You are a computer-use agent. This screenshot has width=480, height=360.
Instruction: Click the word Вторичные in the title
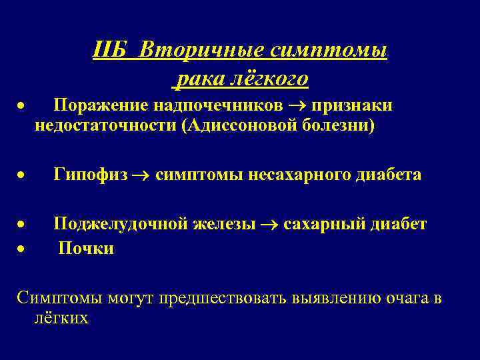202,50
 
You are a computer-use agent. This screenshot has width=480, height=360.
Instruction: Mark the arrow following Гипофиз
142,175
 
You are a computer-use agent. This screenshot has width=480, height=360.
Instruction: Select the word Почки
86,249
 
